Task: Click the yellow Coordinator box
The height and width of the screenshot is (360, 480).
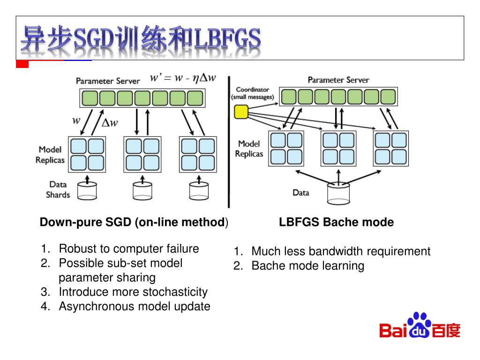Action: (241, 112)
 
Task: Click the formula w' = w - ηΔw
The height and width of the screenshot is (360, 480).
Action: (183, 78)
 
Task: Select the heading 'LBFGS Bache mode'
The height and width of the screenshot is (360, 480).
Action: (337, 222)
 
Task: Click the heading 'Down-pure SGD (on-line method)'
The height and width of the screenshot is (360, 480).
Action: (134, 222)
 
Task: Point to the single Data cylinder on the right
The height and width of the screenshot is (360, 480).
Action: (338, 192)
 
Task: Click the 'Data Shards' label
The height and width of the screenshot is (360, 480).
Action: (58, 190)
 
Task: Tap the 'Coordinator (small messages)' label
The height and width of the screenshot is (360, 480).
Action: (252, 93)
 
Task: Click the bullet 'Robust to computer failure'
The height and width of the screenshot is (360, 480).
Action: (129, 248)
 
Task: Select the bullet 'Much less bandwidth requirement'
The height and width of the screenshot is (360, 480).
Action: (341, 251)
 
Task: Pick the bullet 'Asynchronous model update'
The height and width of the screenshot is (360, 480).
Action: (135, 307)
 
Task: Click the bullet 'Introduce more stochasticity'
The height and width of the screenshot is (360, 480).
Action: (133, 292)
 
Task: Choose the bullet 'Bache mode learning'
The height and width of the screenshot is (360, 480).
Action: (307, 266)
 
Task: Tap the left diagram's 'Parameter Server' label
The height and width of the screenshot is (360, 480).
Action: (108, 81)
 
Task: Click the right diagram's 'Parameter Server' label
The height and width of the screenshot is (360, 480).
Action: (338, 80)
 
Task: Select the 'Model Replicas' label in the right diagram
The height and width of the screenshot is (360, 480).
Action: (249, 149)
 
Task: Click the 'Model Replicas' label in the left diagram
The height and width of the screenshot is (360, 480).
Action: (50, 155)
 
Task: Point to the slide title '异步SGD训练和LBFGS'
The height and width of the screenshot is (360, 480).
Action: (141, 38)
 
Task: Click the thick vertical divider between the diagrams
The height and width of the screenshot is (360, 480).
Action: (229, 141)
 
